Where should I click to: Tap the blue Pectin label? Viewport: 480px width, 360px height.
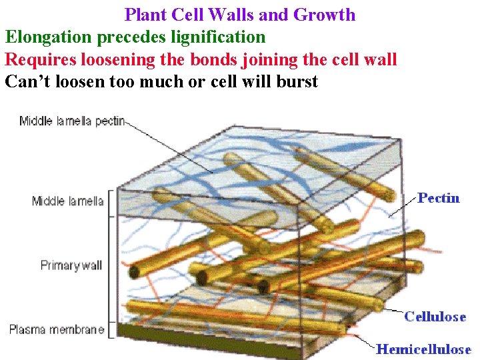tap(438, 198)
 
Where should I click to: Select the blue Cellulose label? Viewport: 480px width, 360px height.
tap(435, 317)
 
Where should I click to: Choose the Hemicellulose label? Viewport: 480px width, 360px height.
tap(423, 349)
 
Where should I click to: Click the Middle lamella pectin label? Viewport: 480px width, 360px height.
tap(72, 121)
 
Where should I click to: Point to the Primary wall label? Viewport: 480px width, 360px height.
tap(71, 265)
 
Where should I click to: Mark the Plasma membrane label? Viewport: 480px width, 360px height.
tap(57, 329)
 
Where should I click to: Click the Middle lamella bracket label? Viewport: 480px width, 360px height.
tap(67, 201)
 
